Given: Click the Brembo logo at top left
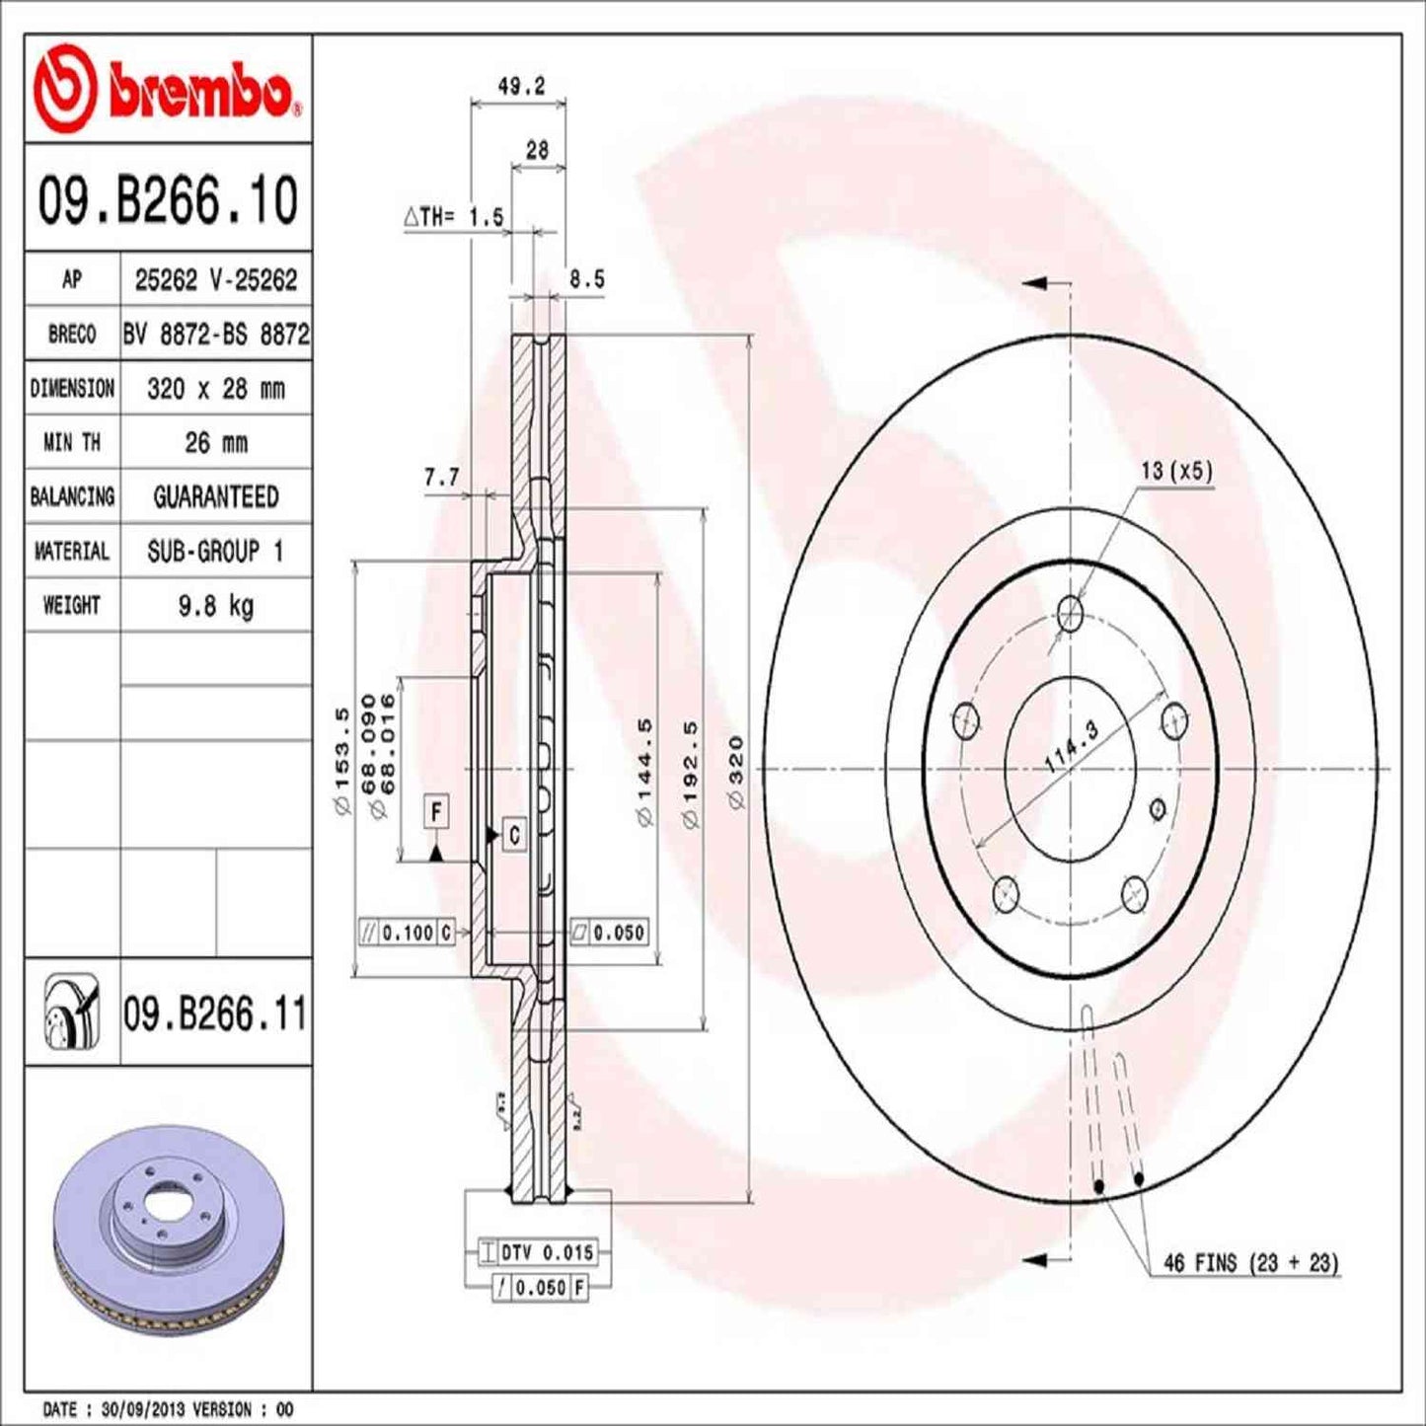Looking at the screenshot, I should pyautogui.click(x=166, y=90).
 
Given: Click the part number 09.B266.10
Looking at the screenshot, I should pyautogui.click(x=168, y=200).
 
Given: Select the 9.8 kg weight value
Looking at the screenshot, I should pyautogui.click(x=215, y=605).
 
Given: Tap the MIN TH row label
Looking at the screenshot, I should pyautogui.click(x=71, y=443).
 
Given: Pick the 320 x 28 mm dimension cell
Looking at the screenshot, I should pyautogui.click(x=215, y=389).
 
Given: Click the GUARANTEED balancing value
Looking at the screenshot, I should pyautogui.click(x=215, y=496).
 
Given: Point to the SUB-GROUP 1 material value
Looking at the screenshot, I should pyautogui.click(x=215, y=551).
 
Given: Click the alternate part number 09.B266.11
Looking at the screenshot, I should pyautogui.click(x=215, y=1013).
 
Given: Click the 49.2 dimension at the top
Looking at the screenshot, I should pyautogui.click(x=520, y=87).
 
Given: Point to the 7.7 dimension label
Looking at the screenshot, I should pyautogui.click(x=441, y=478).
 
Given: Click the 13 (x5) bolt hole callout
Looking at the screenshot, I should pyautogui.click(x=1175, y=471).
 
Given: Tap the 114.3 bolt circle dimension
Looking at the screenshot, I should pyautogui.click(x=1072, y=747).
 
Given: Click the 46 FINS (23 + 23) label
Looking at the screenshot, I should pyautogui.click(x=1250, y=1262).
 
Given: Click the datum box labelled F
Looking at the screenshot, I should pyautogui.click(x=436, y=812).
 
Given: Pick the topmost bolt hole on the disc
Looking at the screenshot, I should pyautogui.click(x=1071, y=614).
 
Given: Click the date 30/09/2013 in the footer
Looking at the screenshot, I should pyautogui.click(x=148, y=1409).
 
